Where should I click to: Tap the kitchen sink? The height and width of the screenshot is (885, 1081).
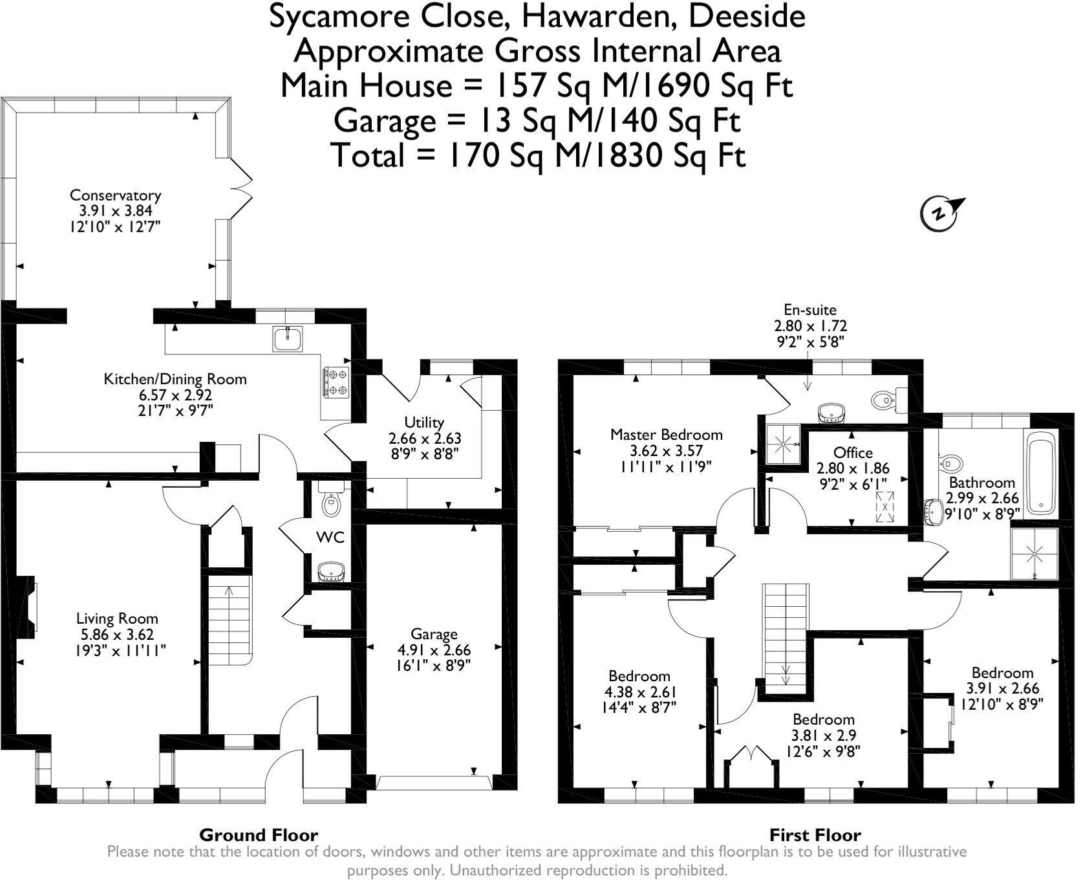tap(287, 339)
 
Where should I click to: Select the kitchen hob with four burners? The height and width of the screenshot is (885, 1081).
tap(336, 382)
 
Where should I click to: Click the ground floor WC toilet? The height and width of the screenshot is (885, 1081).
tap(332, 500)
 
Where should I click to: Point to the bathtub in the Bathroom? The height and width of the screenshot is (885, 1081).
tap(1040, 472)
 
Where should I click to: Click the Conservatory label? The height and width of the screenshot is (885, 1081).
tap(115, 195)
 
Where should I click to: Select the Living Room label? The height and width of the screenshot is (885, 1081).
tap(116, 619)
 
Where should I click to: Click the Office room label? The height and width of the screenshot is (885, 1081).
tap(853, 453)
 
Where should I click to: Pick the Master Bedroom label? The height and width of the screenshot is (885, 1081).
tap(666, 435)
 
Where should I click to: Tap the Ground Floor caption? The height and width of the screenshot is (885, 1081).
tap(259, 835)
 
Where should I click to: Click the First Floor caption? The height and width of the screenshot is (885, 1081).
tap(815, 835)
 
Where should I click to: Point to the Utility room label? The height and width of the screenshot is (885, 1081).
tap(424, 422)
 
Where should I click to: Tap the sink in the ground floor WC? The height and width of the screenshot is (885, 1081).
tap(331, 572)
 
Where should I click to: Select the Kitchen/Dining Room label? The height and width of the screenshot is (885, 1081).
tap(175, 379)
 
